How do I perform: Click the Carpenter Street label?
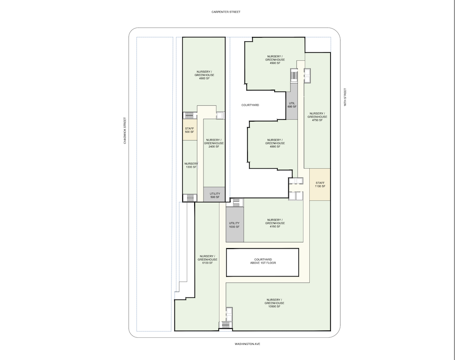tap(226, 12)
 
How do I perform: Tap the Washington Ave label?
tap(247, 344)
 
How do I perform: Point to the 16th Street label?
tap(345, 97)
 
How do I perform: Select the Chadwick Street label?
tap(125, 131)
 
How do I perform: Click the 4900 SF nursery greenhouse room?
tap(204, 75)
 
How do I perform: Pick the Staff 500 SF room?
tap(190, 130)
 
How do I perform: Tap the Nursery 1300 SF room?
tap(190, 167)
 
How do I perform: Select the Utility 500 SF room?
tap(214, 194)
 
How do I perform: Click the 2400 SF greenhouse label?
tap(214, 143)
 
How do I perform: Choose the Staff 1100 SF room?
tap(320, 184)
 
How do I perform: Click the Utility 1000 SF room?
tap(235, 225)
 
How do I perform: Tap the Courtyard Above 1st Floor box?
tap(262, 262)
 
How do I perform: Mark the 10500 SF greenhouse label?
tap(274, 303)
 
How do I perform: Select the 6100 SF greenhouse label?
tap(208, 259)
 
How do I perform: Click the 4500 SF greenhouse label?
tap(275, 59)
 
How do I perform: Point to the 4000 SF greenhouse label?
tap(275, 143)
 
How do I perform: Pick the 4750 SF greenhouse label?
tap(317, 117)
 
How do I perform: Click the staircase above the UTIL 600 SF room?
tap(294, 75)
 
